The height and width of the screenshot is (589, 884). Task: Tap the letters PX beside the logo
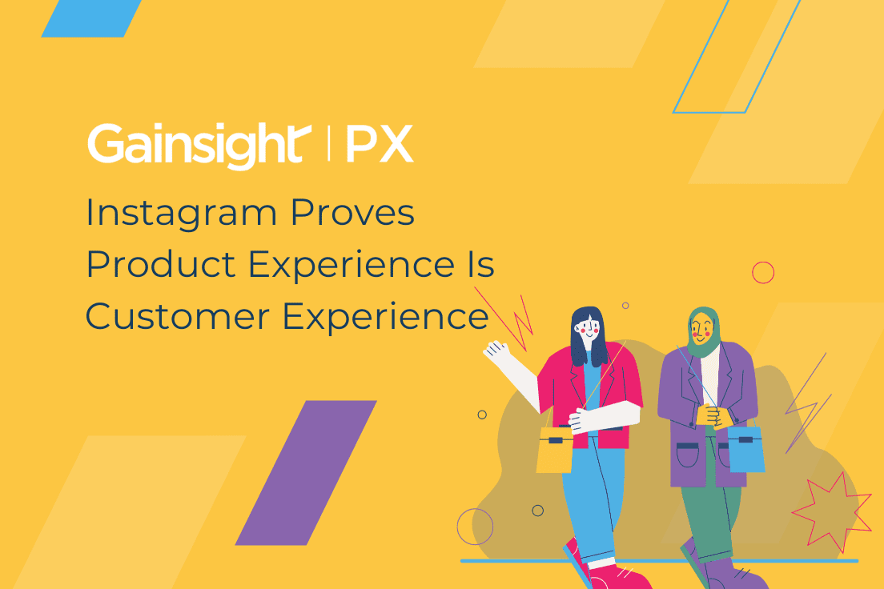(379, 145)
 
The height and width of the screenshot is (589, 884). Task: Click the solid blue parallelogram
(91, 18)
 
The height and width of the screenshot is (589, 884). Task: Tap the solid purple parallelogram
(306, 472)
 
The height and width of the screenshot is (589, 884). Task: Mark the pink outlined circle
(763, 273)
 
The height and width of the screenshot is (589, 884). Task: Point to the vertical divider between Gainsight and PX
(329, 145)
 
